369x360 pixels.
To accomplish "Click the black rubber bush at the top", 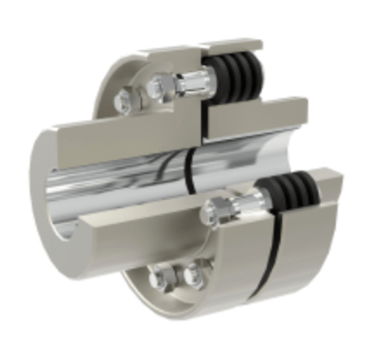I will click(x=238, y=73).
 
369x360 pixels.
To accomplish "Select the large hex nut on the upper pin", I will click(x=163, y=89).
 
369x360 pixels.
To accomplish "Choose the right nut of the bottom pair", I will click(x=193, y=276).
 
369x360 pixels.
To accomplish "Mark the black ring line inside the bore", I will click(x=190, y=170).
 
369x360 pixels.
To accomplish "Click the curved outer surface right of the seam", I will click(x=310, y=252).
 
